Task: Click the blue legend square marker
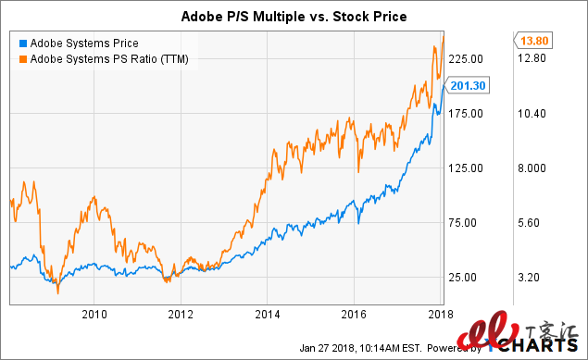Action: [22, 42]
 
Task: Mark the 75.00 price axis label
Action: [471, 222]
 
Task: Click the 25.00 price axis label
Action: [471, 277]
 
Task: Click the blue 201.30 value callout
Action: [468, 86]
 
